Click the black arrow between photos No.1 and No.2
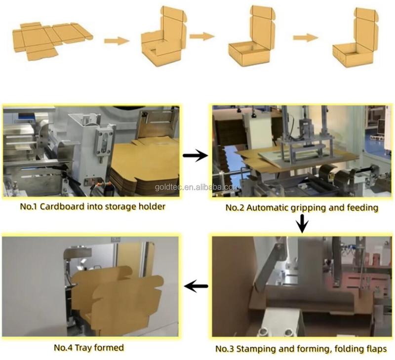195,156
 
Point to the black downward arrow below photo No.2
303,225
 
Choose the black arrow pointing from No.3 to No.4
196,285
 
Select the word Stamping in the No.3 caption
256,349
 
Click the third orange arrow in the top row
305,38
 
